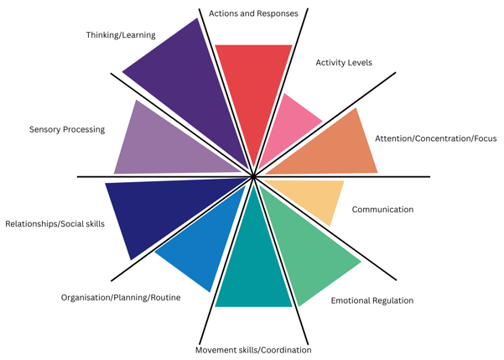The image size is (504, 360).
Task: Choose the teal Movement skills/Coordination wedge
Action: (253, 269)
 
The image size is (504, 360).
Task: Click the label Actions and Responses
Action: (253, 13)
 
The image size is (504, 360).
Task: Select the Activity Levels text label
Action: (344, 63)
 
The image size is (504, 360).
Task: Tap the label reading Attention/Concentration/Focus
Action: (435, 138)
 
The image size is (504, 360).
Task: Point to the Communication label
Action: (382, 210)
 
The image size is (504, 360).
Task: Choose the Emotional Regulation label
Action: (372, 300)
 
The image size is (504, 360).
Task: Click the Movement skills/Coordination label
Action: (253, 350)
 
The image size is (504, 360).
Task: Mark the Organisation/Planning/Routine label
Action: (121, 298)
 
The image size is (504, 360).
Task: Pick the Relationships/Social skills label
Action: (55, 224)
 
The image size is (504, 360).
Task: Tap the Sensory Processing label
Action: (67, 130)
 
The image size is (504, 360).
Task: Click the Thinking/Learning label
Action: (121, 35)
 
